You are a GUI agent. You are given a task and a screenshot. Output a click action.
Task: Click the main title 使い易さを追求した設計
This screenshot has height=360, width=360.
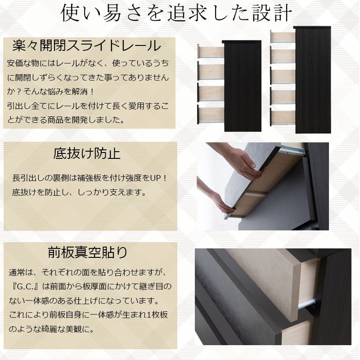click(176, 13)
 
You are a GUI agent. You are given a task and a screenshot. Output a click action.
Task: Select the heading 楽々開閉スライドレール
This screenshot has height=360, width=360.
click(87, 45)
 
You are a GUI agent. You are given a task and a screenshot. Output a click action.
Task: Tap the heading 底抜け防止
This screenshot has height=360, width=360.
click(87, 153)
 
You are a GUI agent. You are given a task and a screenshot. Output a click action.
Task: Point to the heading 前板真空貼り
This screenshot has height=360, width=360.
click(87, 252)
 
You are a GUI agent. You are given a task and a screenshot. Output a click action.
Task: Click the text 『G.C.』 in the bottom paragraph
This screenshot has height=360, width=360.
click(26, 287)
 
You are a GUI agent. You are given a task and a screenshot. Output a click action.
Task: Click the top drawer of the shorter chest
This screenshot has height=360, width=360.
click(211, 51)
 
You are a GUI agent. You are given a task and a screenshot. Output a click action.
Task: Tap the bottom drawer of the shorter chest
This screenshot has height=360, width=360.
click(211, 115)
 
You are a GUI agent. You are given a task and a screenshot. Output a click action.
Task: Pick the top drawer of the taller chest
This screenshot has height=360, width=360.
click(283, 37)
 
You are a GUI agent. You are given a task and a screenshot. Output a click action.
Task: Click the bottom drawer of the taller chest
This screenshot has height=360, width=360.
click(283, 118)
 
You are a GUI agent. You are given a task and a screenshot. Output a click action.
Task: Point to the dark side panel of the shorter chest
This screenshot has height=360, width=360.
click(242, 86)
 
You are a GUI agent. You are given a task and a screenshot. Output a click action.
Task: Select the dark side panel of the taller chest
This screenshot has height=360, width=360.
click(313, 80)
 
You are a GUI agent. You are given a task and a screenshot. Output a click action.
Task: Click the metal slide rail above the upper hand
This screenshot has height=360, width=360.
click(292, 150)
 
